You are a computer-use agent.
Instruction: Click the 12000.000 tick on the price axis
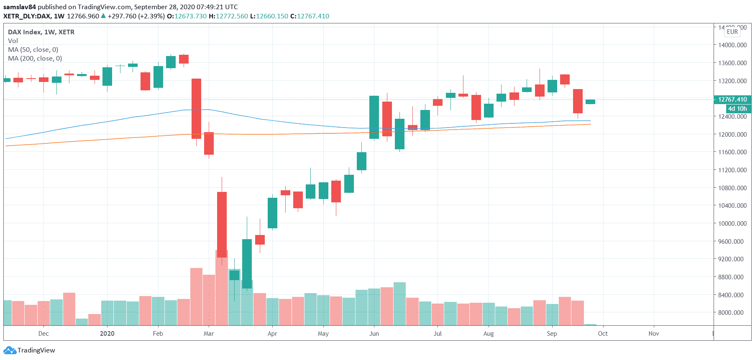pos(732,134)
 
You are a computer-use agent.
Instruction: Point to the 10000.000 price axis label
pos(732,223)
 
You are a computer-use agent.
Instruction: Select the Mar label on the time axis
pos(209,333)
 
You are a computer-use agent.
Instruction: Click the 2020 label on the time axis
pos(107,333)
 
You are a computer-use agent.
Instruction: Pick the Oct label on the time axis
pos(603,333)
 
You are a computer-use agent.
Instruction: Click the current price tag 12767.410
pos(732,100)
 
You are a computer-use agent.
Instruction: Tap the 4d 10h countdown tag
pos(737,109)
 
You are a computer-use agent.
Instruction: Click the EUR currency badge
pos(732,32)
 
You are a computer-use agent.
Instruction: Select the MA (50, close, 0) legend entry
pos(33,49)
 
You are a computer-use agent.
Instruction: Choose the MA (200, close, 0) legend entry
pos(35,58)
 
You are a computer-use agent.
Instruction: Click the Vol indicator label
pos(13,41)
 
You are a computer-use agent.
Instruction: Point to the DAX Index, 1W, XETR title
pos(41,32)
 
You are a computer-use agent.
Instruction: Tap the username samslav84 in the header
pos(20,7)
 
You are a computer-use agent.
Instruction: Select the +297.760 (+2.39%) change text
pos(136,16)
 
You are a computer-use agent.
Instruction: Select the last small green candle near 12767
pos(590,102)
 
